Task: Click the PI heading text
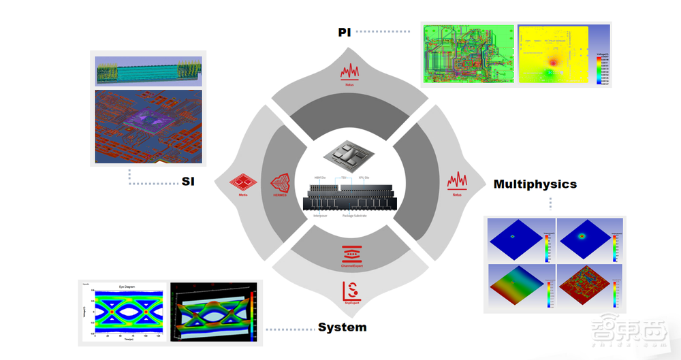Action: click(345, 32)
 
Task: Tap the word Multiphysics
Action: click(535, 184)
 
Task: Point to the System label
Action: click(342, 327)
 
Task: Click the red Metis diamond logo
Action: click(243, 184)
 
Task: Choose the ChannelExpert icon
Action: click(349, 255)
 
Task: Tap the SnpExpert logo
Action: click(349, 291)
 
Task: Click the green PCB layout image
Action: click(467, 54)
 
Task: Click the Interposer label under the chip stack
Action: click(321, 216)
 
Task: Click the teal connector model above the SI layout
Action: click(148, 71)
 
